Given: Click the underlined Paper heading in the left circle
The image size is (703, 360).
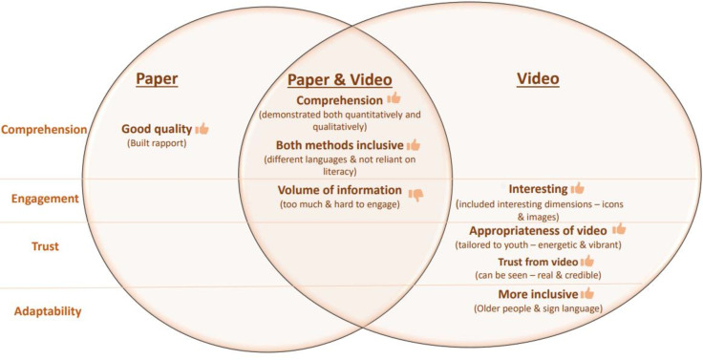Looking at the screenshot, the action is click(x=157, y=79).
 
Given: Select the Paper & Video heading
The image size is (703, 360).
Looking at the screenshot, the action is click(x=339, y=80).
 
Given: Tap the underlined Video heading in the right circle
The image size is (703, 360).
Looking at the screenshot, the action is click(x=538, y=78).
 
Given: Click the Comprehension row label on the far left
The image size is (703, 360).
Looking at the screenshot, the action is click(x=44, y=130).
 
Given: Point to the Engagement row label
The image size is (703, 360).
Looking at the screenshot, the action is click(x=45, y=199).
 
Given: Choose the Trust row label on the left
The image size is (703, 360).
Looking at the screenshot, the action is click(x=45, y=246).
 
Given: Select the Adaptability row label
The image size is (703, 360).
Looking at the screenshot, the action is click(x=48, y=311).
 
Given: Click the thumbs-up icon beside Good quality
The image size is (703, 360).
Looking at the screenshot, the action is click(x=202, y=129).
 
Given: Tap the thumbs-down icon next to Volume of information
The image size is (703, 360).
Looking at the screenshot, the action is click(x=415, y=195).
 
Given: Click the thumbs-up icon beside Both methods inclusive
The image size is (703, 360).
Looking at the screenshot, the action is click(x=414, y=145).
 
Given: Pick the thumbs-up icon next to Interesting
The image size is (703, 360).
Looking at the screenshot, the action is click(x=578, y=188).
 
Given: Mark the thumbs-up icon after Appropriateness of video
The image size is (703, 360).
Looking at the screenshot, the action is click(x=619, y=229).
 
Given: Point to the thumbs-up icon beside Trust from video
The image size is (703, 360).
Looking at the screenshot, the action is click(x=586, y=261).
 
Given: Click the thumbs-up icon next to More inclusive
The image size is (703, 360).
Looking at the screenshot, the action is click(x=586, y=293).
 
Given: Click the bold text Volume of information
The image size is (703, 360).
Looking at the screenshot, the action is click(x=339, y=190).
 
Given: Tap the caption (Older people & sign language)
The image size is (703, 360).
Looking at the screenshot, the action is click(x=538, y=308).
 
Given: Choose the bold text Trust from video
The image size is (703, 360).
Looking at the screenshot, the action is click(x=538, y=262).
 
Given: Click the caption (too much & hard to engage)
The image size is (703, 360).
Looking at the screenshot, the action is click(x=339, y=204).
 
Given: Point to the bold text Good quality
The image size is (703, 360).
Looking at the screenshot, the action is click(x=157, y=129).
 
